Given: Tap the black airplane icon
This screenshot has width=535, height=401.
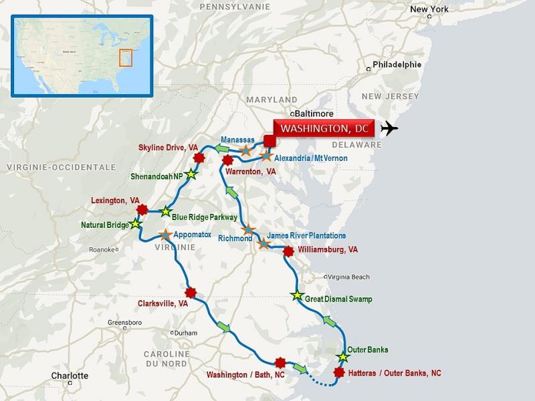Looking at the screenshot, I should [x=389, y=128].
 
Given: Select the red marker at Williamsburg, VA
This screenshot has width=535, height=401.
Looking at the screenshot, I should [x=288, y=251].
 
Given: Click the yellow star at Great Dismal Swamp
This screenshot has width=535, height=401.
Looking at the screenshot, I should [x=298, y=295].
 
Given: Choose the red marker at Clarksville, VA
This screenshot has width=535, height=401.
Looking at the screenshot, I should [x=191, y=292].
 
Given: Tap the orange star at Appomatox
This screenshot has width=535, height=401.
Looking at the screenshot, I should [x=165, y=235].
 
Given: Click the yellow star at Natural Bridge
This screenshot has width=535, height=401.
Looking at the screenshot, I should [x=136, y=224].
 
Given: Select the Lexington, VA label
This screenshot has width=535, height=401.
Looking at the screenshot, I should [x=115, y=200].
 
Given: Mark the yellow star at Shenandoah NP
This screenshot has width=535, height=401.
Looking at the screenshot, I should [x=191, y=175].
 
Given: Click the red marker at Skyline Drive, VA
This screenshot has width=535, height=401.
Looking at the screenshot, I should [x=198, y=158].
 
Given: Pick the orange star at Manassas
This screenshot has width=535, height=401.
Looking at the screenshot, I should [x=245, y=150].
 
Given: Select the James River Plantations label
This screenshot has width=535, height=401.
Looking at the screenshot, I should [x=307, y=236].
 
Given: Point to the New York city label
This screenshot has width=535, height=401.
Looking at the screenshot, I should [x=429, y=9].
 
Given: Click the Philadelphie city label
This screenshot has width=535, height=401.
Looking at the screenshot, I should [x=397, y=65].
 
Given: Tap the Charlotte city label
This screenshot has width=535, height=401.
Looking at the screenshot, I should [x=70, y=376].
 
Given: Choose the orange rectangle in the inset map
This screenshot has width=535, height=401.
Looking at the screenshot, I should [x=125, y=57].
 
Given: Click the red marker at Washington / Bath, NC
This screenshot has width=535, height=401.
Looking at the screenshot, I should [x=281, y=362].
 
